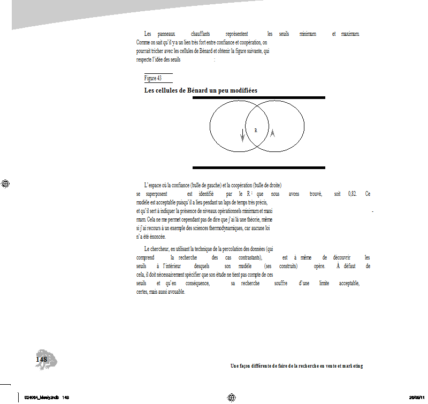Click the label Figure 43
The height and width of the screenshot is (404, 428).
(153, 78)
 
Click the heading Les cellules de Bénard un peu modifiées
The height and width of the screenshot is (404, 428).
(201, 90)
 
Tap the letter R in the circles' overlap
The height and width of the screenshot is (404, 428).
(256, 130)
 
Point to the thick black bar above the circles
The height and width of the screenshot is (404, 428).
(259, 98)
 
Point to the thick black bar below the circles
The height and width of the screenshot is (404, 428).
(259, 167)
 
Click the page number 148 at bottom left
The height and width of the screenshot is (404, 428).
(41, 360)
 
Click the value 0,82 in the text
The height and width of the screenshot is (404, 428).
(353, 194)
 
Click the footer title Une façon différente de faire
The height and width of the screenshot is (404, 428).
(296, 366)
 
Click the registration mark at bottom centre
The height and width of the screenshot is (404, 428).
(232, 397)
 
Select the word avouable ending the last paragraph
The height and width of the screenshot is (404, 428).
(175, 292)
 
